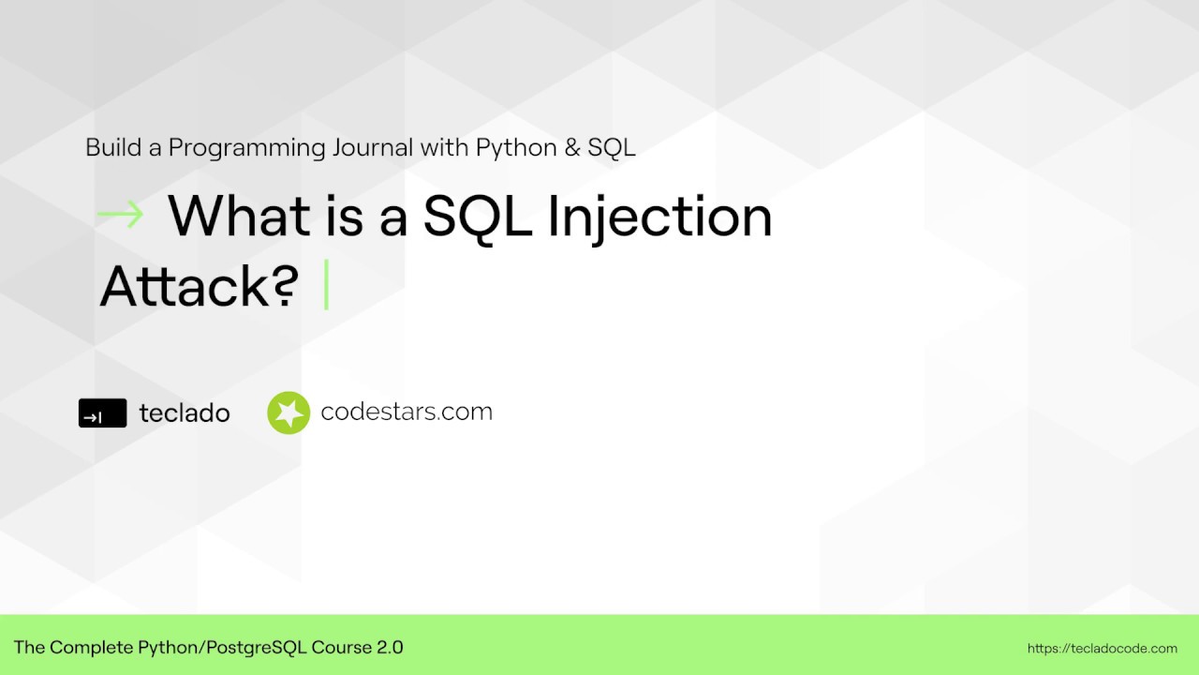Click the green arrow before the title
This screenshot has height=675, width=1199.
(x=120, y=215)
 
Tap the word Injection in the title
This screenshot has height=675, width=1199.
(x=659, y=217)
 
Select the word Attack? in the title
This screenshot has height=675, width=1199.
(x=199, y=286)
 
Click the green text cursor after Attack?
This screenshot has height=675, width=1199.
(x=326, y=285)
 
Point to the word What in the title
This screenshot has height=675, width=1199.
(x=239, y=216)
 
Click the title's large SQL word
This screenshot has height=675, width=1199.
(x=478, y=216)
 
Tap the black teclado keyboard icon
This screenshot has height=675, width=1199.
(x=102, y=413)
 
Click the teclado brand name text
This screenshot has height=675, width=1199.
(x=185, y=412)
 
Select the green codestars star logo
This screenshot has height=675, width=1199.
(x=289, y=412)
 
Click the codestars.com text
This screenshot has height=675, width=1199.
(x=407, y=412)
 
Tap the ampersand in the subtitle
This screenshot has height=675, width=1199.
(x=574, y=148)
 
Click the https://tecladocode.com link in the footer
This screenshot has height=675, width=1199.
(x=1103, y=648)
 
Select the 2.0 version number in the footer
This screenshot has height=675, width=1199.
(x=390, y=647)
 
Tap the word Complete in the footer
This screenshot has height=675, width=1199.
(x=91, y=647)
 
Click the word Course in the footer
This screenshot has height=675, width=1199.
(x=342, y=647)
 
